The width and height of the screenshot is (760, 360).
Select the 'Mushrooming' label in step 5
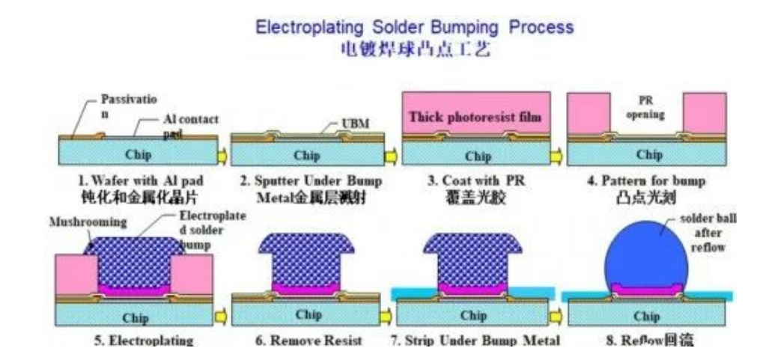[x=85, y=222]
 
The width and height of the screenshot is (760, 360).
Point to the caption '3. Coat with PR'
[x=473, y=180]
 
